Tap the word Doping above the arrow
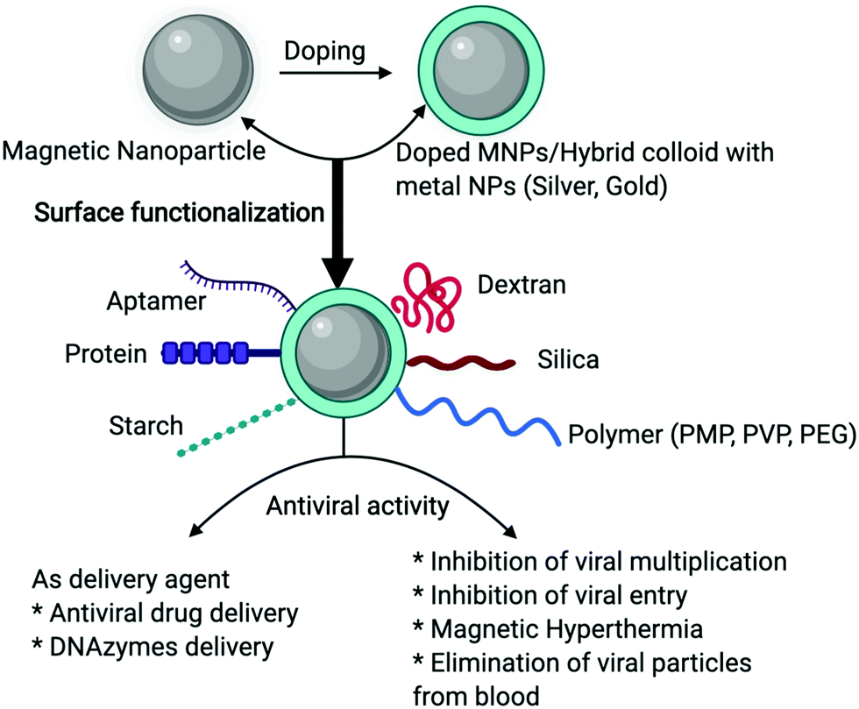pyautogui.click(x=324, y=51)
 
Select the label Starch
pyautogui.click(x=146, y=427)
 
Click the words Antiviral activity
pyautogui.click(x=358, y=506)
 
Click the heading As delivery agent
pyautogui.click(x=119, y=580)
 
